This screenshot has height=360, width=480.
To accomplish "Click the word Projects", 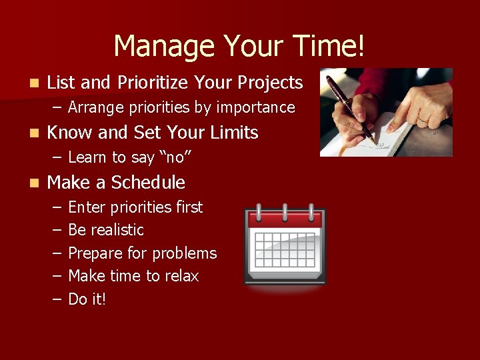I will (269, 83).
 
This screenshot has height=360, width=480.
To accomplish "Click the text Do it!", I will (87, 299).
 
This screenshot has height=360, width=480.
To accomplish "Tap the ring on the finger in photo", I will (423, 119).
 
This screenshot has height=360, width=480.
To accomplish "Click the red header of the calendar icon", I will (285, 218).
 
